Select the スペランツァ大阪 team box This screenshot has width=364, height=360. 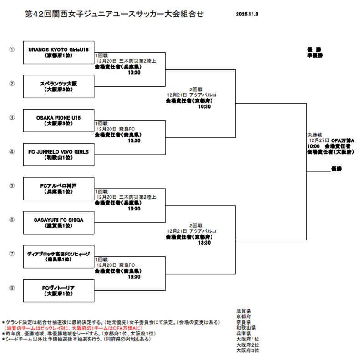tap(58, 86)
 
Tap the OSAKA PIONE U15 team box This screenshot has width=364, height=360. tap(58, 120)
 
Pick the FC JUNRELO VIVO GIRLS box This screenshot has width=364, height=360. tap(58, 155)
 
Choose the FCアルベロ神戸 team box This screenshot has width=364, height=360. tap(58, 189)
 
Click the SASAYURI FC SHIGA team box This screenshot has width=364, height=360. tap(58, 223)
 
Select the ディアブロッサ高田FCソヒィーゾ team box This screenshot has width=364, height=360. tap(58, 256)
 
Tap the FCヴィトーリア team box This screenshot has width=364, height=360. tap(58, 290)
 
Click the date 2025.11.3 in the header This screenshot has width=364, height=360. tap(248, 15)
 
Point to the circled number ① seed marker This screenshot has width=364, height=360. tap(12, 50)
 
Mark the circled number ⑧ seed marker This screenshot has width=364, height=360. tap(12, 288)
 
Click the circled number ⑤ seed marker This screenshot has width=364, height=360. tap(12, 185)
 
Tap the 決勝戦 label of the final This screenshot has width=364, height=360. tap(314, 135)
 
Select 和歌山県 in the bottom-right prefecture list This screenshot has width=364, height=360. tap(246, 327)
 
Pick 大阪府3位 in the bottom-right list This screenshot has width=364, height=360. tap(248, 350)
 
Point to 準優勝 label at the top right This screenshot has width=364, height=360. tap(314, 55)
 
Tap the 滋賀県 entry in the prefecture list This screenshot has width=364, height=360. tap(244, 310)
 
